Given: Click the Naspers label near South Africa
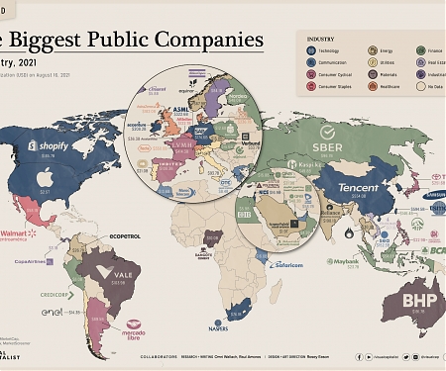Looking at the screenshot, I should click(x=232, y=327).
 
